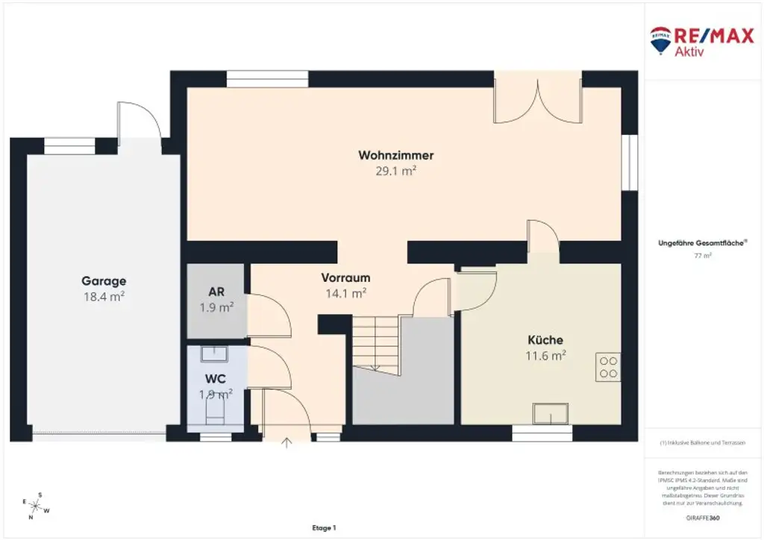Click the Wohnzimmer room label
[395, 156]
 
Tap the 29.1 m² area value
[395, 171]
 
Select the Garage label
[104, 281]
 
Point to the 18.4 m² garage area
[104, 296]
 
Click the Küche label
[545, 340]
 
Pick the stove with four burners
[608, 367]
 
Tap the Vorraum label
[346, 278]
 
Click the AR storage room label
[216, 291]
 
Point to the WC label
[216, 379]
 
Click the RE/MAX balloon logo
[660, 40]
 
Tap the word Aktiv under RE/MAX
[689, 52]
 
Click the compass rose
[35, 506]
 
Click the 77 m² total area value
[703, 255]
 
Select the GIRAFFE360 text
[703, 517]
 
